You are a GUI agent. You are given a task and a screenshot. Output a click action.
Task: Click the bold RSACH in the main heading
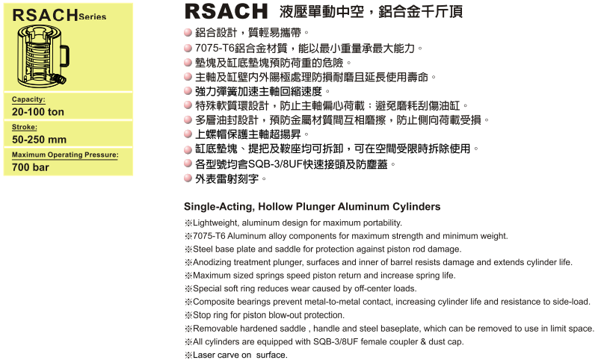tap(226, 12)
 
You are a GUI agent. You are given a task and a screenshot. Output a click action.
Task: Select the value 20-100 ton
tap(38, 111)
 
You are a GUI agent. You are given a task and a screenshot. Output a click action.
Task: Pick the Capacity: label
tap(29, 99)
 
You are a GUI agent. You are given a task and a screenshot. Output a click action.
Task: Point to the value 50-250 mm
tap(40, 139)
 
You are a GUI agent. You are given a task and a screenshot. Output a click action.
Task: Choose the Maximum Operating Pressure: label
tap(66, 155)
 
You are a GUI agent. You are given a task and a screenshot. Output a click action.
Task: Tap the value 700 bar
tap(31, 167)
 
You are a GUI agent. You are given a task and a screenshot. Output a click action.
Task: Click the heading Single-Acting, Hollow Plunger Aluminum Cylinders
tap(312, 207)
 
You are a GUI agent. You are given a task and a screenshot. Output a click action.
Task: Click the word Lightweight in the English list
tap(217, 223)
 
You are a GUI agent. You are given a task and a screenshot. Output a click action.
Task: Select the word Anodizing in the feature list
tap(212, 262)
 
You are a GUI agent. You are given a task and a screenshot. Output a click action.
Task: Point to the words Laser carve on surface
tap(240, 355)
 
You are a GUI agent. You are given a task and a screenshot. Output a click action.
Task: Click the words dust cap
tap(445, 341)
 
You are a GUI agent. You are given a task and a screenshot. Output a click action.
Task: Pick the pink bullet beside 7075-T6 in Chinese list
tap(188, 49)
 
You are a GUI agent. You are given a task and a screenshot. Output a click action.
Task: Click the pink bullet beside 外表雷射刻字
tap(188, 179)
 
